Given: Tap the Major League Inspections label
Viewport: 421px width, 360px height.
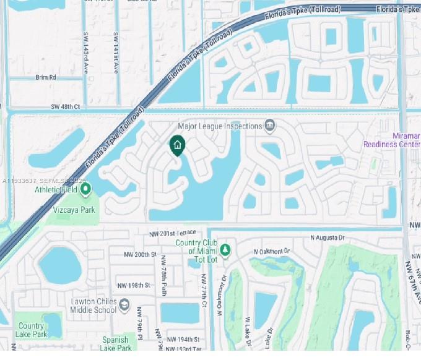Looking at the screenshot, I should pyautogui.click(x=220, y=126).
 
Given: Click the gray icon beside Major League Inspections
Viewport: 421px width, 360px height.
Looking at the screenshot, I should pyautogui.click(x=270, y=126).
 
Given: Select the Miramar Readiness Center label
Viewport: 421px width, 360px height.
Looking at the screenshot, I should pyautogui.click(x=400, y=140).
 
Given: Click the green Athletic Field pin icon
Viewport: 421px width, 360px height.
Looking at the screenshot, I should pyautogui.click(x=86, y=188).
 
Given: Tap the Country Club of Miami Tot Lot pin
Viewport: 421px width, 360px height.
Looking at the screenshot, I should pyautogui.click(x=226, y=249).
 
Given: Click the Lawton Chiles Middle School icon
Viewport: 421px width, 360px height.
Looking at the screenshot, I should pyautogui.click(x=124, y=306).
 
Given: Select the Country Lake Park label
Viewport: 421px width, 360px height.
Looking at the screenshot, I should pyautogui.click(x=31, y=330).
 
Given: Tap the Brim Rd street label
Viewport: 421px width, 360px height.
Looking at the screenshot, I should pyautogui.click(x=46, y=78).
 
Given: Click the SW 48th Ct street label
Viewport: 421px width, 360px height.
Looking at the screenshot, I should pyautogui.click(x=66, y=107).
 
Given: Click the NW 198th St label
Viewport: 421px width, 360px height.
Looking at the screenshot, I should pyautogui.click(x=134, y=285).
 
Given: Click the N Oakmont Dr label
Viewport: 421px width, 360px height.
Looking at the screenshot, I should pyautogui.click(x=272, y=252).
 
